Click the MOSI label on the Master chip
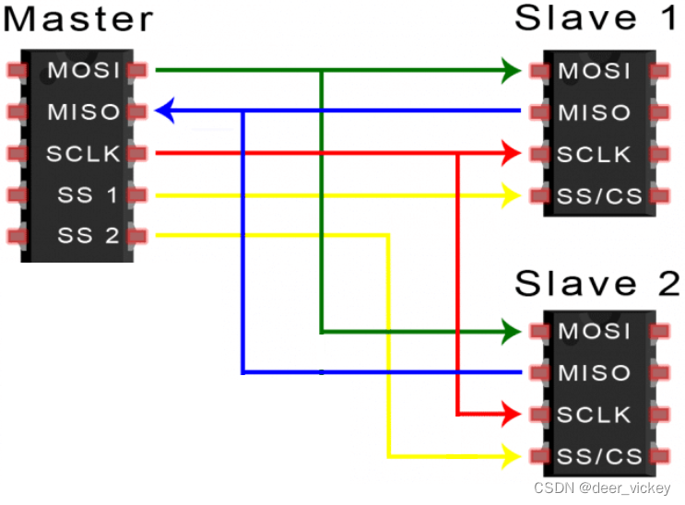tap(83, 70)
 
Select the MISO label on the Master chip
tap(83, 112)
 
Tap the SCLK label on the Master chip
tap(83, 154)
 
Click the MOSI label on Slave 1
tap(595, 71)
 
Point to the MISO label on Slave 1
tap(595, 112)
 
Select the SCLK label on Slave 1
tap(595, 154)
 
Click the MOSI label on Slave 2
tap(595, 331)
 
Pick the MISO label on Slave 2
tap(595, 373)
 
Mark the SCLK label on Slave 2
tap(595, 415)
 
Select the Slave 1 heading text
tap(595, 18)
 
